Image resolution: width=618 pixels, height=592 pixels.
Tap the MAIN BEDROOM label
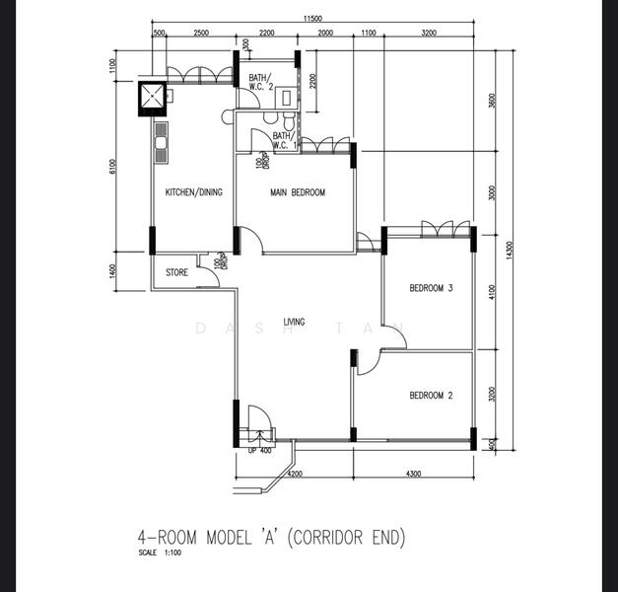tap(298, 192)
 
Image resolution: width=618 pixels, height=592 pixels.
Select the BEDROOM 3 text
tap(431, 289)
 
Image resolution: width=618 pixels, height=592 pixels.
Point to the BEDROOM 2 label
tap(431, 396)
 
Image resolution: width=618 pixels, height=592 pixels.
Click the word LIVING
tap(294, 322)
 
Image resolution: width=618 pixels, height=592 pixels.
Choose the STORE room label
tap(176, 272)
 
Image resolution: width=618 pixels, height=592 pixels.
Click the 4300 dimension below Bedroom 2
tap(413, 475)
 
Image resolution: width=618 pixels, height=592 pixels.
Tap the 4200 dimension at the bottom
tap(294, 475)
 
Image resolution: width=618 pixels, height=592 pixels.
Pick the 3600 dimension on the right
tap(492, 101)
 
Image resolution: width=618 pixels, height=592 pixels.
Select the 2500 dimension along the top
tap(201, 34)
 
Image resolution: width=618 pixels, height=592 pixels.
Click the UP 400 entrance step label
tap(260, 450)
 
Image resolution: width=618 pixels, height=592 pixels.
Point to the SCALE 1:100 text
tap(160, 553)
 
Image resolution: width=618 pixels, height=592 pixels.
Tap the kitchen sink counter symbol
tap(160, 144)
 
